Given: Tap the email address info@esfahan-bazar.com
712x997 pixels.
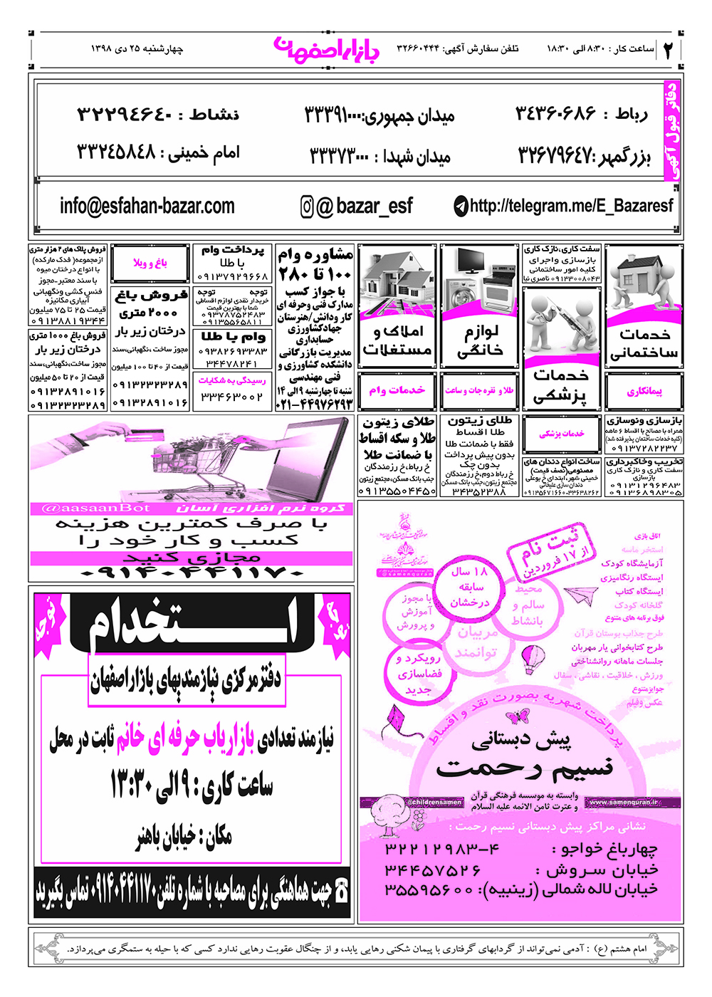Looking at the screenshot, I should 147,206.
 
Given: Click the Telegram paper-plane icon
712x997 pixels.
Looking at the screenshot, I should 461,207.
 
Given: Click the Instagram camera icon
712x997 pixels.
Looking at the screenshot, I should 307,207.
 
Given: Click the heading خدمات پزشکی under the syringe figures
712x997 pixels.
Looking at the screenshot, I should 561,385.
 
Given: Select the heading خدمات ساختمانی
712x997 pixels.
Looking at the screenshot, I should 644,343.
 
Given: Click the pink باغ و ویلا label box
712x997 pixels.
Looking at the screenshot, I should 150,263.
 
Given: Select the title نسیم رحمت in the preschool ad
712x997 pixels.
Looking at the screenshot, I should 525,768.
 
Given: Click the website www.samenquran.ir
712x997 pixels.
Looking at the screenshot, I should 624,803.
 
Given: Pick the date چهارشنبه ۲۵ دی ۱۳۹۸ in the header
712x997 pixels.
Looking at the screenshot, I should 137,49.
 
